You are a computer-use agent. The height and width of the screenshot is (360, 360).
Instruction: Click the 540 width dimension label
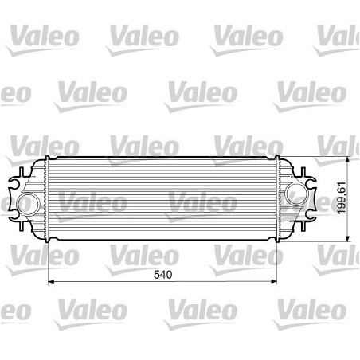(162, 275)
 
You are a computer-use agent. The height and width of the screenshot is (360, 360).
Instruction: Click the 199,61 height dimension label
(342, 198)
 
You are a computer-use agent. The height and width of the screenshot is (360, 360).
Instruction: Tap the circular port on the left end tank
(28, 204)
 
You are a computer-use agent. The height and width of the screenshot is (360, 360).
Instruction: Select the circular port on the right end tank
(297, 194)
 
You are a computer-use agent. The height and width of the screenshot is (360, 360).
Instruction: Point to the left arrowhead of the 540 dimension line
(51, 282)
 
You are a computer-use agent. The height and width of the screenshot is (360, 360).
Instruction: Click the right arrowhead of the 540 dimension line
(273, 282)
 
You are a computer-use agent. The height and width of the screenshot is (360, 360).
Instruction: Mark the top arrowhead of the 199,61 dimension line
(347, 160)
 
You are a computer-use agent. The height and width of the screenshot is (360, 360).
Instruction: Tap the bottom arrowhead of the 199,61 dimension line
(347, 238)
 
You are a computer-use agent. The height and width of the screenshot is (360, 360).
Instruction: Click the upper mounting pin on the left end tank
(22, 173)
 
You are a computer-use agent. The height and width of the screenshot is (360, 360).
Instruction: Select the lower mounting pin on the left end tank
(22, 225)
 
